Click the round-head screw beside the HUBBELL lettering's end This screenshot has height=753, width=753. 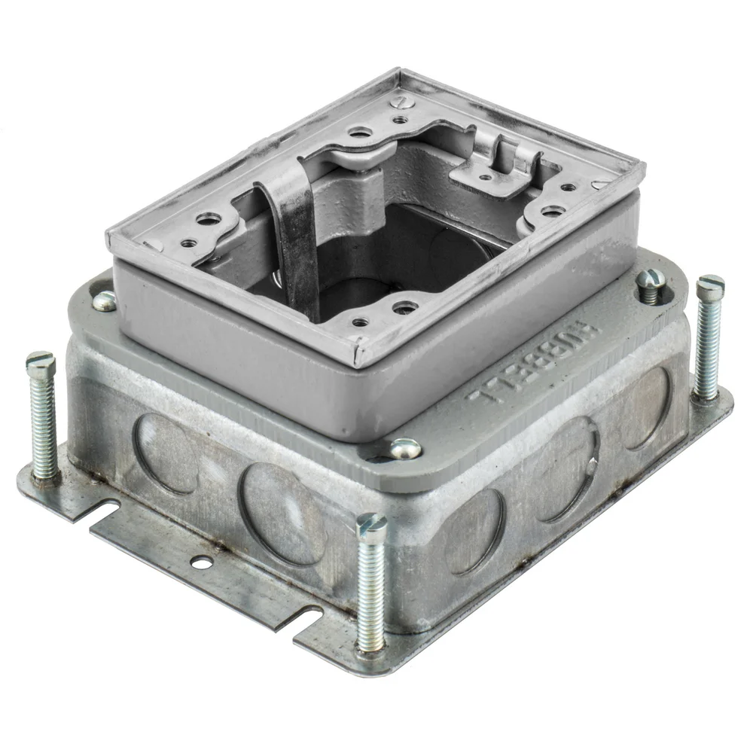coord(405,449)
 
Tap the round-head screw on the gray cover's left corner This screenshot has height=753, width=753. coord(105,300)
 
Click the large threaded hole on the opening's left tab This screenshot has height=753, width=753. coord(208,220)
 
